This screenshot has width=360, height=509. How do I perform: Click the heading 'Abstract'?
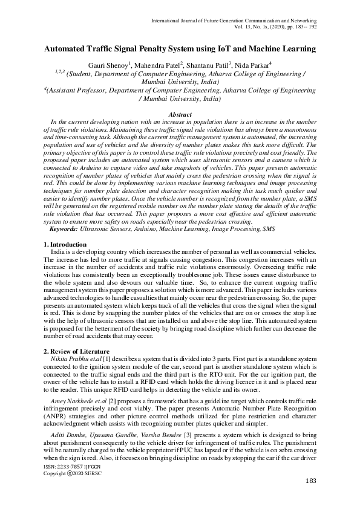(180, 115)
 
